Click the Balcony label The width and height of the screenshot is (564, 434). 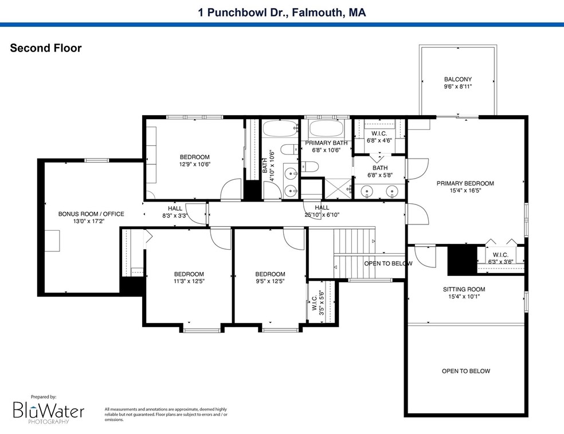[x=457, y=80]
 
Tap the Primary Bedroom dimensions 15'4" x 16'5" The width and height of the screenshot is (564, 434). [x=465, y=192]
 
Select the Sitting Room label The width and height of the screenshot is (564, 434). [x=464, y=289]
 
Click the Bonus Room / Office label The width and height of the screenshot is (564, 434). [x=91, y=214]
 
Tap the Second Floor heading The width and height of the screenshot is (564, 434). [x=46, y=48]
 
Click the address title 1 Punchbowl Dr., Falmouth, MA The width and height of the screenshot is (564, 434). [x=282, y=11]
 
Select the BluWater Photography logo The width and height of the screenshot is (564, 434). [x=49, y=411]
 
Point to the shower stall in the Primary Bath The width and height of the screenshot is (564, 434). [x=337, y=188]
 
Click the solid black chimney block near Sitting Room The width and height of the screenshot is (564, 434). [x=462, y=259]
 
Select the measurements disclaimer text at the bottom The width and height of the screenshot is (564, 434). [x=166, y=414]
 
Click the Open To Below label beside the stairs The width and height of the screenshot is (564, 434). [x=388, y=263]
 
